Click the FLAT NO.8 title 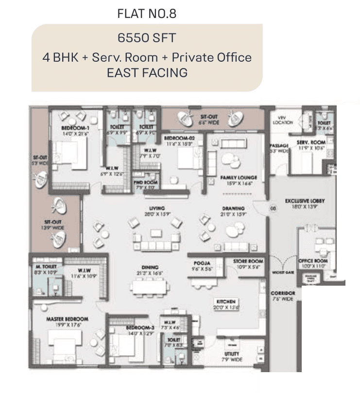146,14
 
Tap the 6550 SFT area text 146,38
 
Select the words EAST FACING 146,73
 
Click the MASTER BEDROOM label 67,319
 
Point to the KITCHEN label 226,302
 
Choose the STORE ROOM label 248,262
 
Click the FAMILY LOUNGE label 238,178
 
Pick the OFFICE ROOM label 312,261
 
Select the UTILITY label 231,354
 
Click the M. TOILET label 46,267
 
